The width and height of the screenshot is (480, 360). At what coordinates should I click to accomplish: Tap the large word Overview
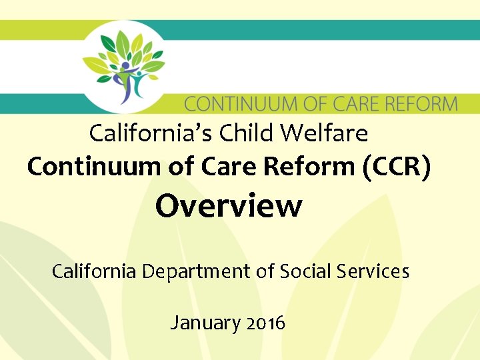(x=229, y=206)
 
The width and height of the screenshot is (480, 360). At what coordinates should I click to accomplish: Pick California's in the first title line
(x=145, y=133)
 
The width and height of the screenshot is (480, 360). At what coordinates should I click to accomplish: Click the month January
(x=205, y=323)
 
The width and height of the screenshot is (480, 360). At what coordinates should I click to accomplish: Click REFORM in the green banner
(x=418, y=105)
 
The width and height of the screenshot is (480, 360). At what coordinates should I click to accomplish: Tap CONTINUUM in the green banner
(x=236, y=105)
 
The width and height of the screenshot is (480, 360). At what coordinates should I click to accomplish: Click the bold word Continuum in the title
(x=89, y=167)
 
